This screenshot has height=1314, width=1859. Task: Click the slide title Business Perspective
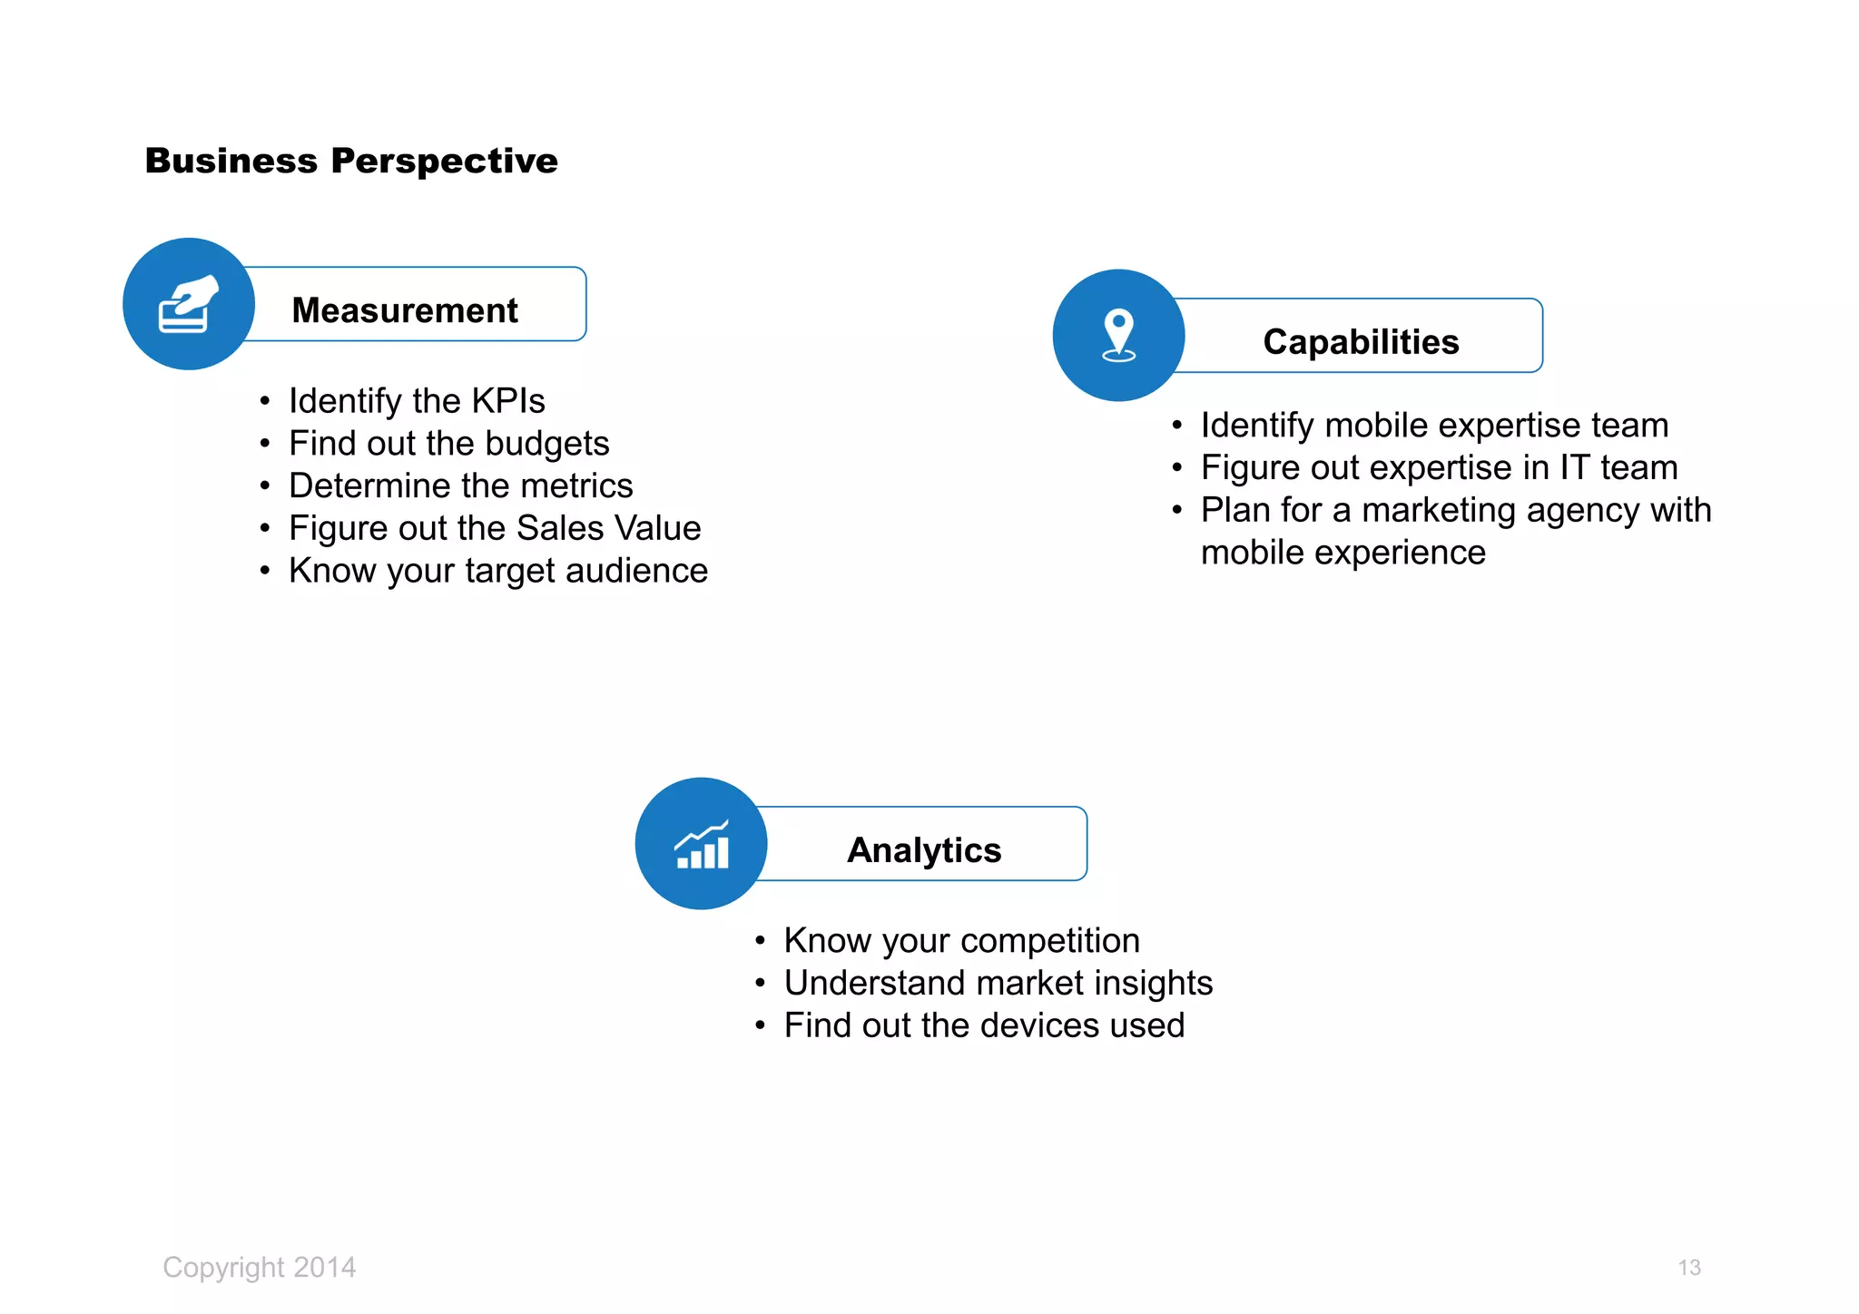click(x=351, y=161)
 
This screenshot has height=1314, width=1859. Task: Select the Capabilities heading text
click(x=1361, y=342)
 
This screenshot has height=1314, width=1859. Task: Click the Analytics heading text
click(x=924, y=850)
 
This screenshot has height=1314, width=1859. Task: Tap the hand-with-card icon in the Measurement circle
click(x=188, y=304)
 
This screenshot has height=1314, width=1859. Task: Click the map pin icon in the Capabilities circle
click(x=1118, y=335)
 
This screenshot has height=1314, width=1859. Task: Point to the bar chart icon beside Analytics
click(x=702, y=845)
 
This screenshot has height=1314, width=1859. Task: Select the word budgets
click(x=546, y=444)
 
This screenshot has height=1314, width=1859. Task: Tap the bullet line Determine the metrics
click(x=460, y=486)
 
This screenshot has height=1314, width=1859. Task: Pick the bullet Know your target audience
click(x=497, y=571)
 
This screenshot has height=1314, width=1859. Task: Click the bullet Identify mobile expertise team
click(x=1434, y=426)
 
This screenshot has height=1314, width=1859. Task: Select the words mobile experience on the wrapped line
click(x=1343, y=553)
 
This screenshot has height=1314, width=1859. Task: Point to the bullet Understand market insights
click(x=998, y=984)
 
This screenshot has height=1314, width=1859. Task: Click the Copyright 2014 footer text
click(x=260, y=1267)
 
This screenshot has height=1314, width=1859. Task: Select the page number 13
click(x=1688, y=1268)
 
